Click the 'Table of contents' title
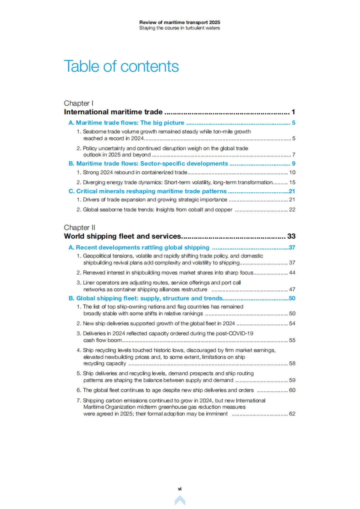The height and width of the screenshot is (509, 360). [121, 66]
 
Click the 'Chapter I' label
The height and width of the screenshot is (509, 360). [79, 103]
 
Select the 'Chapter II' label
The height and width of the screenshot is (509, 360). [79, 228]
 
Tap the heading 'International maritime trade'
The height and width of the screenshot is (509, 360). [113, 112]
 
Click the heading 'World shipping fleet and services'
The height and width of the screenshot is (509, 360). [122, 236]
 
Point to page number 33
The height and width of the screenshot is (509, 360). [291, 236]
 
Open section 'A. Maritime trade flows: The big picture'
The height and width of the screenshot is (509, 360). [126, 123]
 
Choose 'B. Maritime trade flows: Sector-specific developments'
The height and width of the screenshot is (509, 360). [148, 164]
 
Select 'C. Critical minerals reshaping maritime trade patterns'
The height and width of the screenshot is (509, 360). [148, 191]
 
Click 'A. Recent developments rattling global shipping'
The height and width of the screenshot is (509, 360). [139, 247]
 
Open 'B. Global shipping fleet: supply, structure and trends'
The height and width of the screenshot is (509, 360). [145, 298]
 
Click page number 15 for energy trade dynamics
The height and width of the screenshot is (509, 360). [292, 182]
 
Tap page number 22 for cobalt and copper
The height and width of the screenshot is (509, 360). [292, 210]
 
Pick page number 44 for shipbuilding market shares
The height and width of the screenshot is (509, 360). [292, 273]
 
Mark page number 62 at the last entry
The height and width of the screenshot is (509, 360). [292, 414]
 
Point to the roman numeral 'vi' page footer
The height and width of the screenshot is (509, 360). [180, 489]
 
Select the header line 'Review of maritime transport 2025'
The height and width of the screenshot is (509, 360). [180, 22]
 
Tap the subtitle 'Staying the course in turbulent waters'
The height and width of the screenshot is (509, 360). [180, 28]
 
